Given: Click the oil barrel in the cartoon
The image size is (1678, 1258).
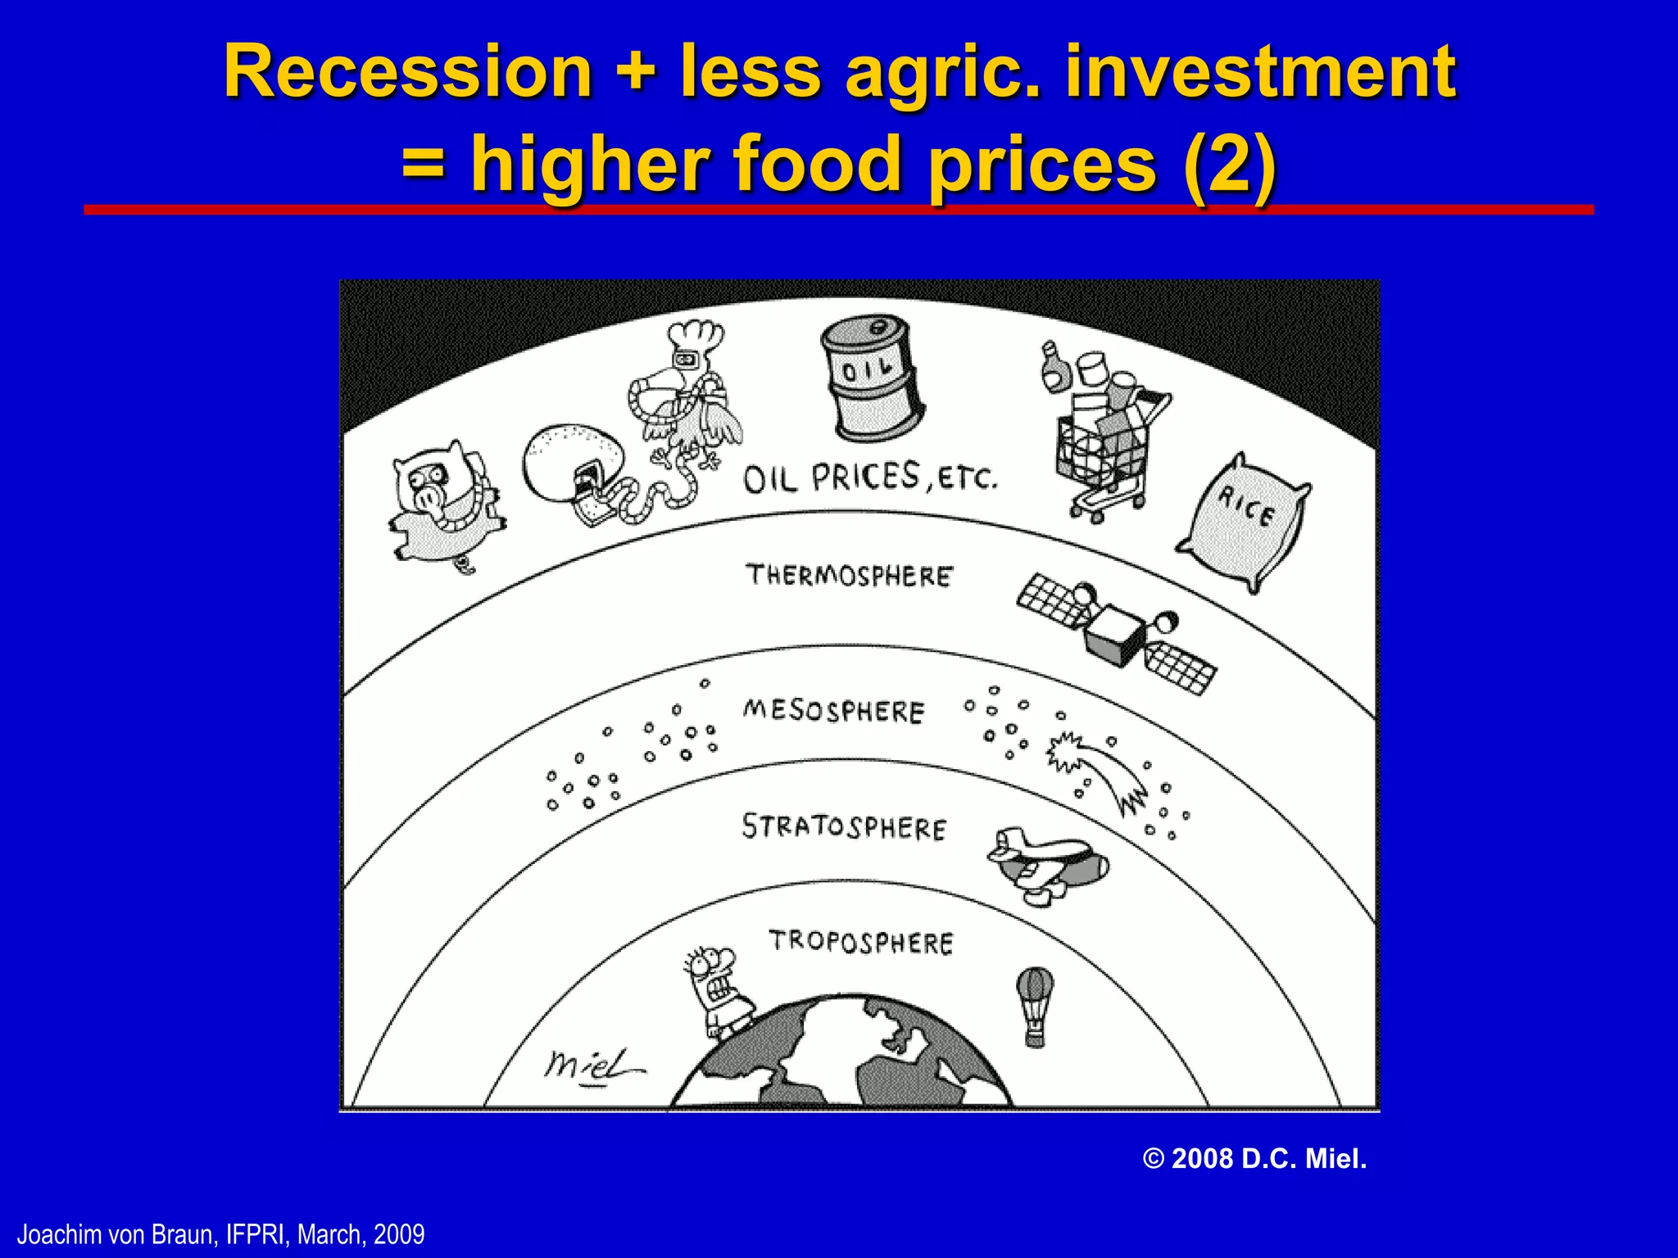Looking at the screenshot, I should [x=872, y=378].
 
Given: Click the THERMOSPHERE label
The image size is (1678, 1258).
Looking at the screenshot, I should [x=849, y=575].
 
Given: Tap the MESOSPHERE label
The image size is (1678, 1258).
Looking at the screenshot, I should [x=833, y=710].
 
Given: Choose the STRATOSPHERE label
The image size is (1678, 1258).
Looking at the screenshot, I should [x=844, y=827].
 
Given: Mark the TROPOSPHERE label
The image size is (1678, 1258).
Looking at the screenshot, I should [x=860, y=942].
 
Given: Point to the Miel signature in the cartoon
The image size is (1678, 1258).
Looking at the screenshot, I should [x=592, y=1066].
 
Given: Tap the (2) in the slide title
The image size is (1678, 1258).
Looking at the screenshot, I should [x=1229, y=164].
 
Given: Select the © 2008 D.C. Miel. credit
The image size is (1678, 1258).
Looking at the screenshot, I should [x=1254, y=1159].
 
